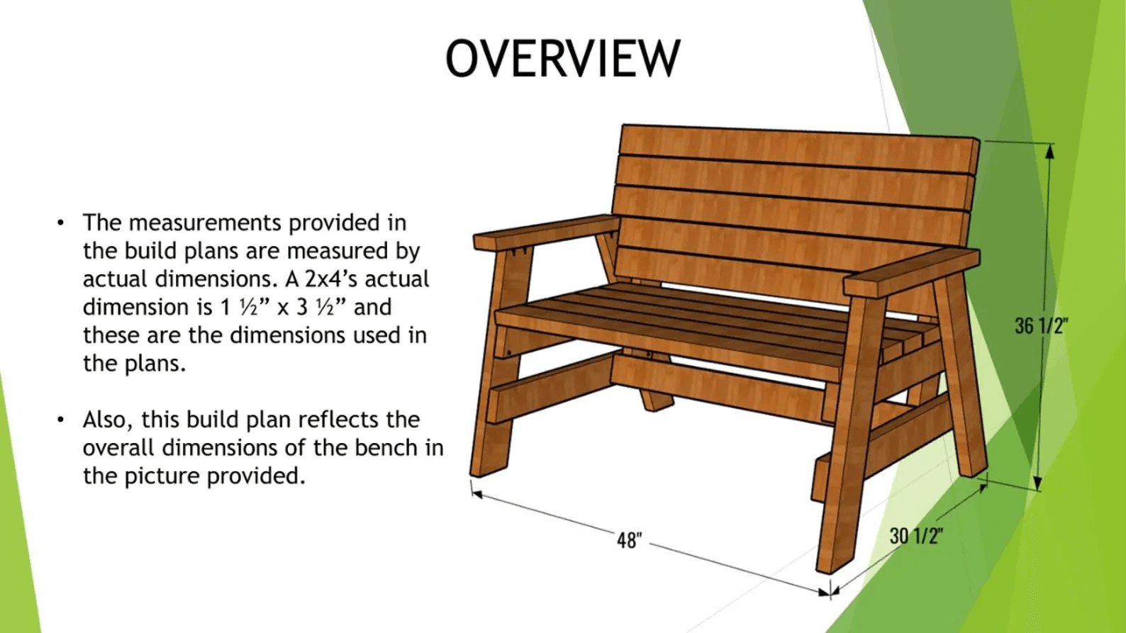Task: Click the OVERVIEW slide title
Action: (x=563, y=58)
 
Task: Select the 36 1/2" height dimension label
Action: (x=1041, y=326)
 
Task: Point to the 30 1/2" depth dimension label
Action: (x=916, y=536)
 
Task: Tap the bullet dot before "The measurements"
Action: (x=61, y=223)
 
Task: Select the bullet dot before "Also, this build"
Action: (x=61, y=420)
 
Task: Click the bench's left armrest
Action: (x=547, y=232)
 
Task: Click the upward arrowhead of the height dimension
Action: (x=1050, y=152)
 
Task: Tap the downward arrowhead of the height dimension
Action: (x=1037, y=483)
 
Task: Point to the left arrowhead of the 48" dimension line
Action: (x=477, y=495)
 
